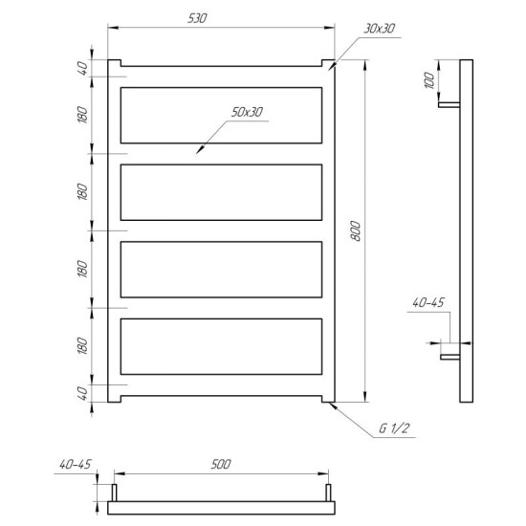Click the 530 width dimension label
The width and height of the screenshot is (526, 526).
197,18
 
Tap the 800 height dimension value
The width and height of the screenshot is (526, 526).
355,230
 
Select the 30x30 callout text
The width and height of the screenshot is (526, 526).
379,29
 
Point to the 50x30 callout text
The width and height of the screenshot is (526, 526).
247,112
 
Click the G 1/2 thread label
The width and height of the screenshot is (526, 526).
394,428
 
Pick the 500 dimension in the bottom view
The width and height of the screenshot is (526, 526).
221,464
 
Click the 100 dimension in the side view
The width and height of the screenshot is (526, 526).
429,80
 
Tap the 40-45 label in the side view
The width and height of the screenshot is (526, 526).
428,302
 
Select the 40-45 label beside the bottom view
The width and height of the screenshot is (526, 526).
76,464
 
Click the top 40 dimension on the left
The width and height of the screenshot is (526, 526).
82,68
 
